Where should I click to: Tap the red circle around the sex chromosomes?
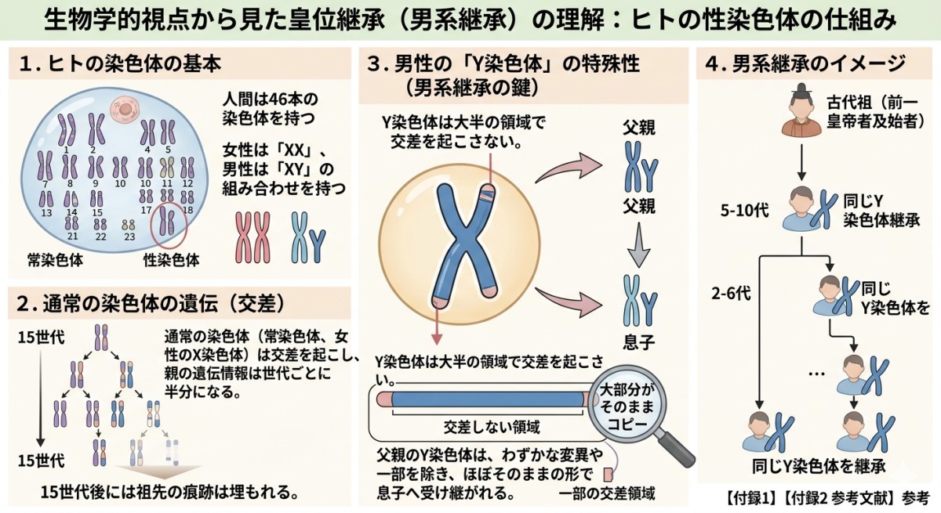[x=151, y=226]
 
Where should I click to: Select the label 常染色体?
[x=55, y=260]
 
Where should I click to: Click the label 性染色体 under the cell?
[x=172, y=260]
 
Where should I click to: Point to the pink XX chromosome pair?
[x=253, y=237]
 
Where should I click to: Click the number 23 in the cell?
[x=129, y=237]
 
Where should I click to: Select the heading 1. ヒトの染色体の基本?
[x=120, y=64]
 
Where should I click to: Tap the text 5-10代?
[x=745, y=210]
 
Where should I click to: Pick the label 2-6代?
[x=731, y=293]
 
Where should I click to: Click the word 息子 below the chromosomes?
[x=638, y=342]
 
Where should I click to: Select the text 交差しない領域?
[x=492, y=427]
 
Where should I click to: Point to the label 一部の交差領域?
[x=607, y=493]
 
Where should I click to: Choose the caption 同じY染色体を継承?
[x=819, y=466]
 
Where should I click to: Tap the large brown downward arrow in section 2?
[x=159, y=473]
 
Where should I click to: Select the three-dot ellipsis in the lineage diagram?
[x=816, y=374]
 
